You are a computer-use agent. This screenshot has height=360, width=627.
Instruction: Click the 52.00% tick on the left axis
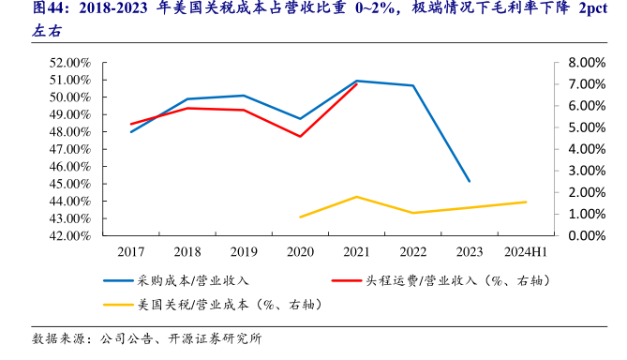(69, 63)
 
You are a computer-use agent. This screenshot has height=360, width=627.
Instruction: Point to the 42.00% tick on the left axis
(69, 235)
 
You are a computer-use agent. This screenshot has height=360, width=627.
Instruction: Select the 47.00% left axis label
(69, 149)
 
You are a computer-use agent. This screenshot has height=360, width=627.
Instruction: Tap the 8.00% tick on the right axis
(561, 63)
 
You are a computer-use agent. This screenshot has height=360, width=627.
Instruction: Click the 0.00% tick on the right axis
(561, 235)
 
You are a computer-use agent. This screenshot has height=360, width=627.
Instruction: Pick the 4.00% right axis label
(561, 149)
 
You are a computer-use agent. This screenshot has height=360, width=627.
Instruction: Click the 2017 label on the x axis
(130, 252)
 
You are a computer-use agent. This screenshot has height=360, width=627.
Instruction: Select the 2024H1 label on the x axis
(526, 252)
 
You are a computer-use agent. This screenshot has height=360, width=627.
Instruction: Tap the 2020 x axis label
(300, 252)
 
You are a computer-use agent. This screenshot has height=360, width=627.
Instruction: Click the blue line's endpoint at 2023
(470, 182)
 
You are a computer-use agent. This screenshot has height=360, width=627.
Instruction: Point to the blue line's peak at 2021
(357, 81)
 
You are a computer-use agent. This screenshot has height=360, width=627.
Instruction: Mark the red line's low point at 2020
(300, 137)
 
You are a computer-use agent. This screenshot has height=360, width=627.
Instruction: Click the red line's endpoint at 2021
(357, 84)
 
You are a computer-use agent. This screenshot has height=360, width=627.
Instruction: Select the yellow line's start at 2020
(300, 217)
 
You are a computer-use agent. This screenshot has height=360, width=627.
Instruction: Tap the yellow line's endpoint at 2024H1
(526, 202)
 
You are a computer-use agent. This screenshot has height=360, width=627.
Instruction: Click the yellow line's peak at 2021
(357, 197)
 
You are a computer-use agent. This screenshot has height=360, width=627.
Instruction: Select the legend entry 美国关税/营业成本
(193, 305)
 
